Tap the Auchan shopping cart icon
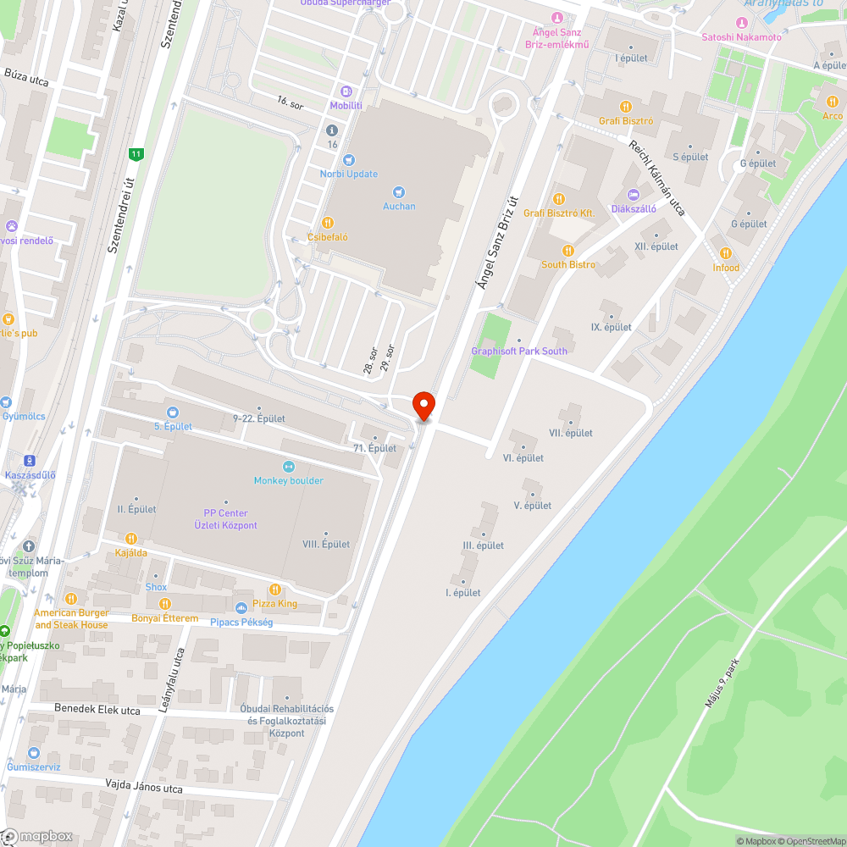pyautogui.click(x=399, y=192)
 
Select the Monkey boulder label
pyautogui.click(x=288, y=480)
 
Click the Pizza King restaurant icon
pyautogui.click(x=274, y=590)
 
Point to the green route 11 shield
pyautogui.click(x=136, y=154)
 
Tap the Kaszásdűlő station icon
pyautogui.click(x=30, y=461)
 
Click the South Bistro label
pyautogui.click(x=567, y=264)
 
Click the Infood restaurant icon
pyautogui.click(x=725, y=253)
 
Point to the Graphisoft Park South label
pyautogui.click(x=519, y=351)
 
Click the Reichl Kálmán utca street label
pyautogui.click(x=656, y=178)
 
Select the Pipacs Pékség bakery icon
pyautogui.click(x=241, y=608)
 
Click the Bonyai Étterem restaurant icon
pyautogui.click(x=165, y=604)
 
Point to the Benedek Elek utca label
pyautogui.click(x=86, y=708)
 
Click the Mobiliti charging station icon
pyautogui.click(x=346, y=91)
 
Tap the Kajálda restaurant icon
pyautogui.click(x=130, y=539)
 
